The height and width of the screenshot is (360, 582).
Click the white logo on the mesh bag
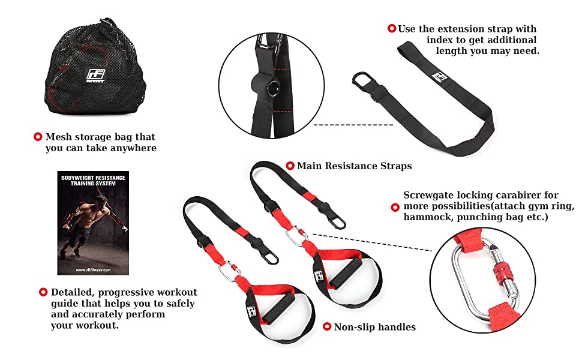tap(95, 76)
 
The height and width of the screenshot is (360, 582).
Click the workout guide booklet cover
tap(93, 223)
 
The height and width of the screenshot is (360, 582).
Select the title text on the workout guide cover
tap(93, 181)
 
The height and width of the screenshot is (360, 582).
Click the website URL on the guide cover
tap(93, 270)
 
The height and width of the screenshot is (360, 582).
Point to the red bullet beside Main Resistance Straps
tap(290, 166)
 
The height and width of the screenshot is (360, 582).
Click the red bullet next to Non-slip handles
tap(327, 326)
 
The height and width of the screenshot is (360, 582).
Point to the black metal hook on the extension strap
tap(362, 83)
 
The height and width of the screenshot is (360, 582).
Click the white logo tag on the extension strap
tap(439, 77)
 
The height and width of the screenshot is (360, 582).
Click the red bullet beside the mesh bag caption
tap(38, 137)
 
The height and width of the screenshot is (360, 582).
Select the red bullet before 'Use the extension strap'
tap(392, 28)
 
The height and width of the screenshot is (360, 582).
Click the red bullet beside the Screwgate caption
tap(395, 208)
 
